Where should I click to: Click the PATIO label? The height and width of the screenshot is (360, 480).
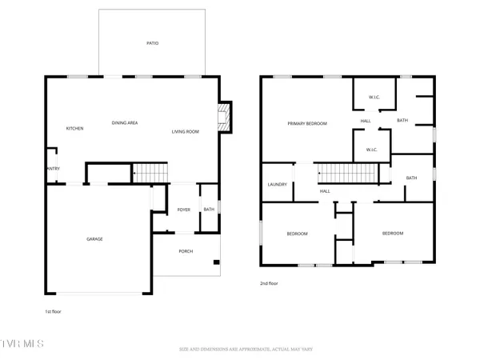(x=152, y=43)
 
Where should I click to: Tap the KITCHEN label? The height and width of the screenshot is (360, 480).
(x=75, y=129)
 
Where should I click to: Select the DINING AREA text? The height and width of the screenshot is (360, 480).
(x=125, y=122)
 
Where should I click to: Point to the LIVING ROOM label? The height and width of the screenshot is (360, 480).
(x=185, y=131)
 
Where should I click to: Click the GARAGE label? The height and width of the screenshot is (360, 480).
(x=94, y=239)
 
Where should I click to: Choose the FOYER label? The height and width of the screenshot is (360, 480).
(x=183, y=210)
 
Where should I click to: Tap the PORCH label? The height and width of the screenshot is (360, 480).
(x=186, y=251)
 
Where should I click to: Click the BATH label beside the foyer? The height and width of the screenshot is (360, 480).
(x=208, y=210)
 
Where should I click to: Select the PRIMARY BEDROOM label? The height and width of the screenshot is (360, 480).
(x=308, y=123)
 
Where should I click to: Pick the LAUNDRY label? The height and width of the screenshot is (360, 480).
(x=277, y=185)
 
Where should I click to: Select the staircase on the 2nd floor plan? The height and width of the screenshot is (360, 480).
(x=346, y=173)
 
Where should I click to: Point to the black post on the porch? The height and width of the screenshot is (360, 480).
(x=215, y=262)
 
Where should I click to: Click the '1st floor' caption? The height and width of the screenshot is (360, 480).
(x=53, y=311)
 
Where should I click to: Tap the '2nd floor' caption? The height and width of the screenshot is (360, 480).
(x=269, y=283)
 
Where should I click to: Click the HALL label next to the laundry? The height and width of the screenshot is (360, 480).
(x=325, y=191)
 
